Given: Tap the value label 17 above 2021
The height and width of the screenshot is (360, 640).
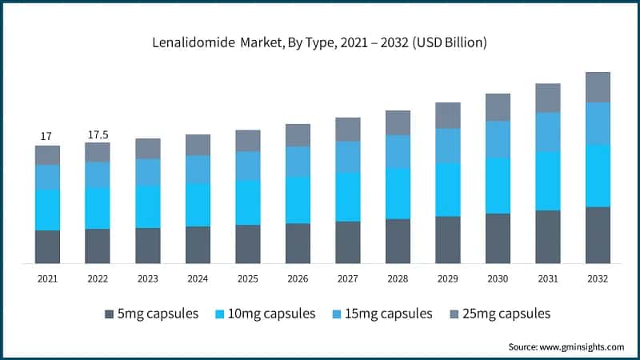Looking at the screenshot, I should click(47, 137).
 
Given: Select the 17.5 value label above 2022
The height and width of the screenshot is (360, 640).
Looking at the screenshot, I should click(98, 134).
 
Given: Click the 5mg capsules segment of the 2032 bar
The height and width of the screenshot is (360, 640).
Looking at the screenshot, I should click(598, 235).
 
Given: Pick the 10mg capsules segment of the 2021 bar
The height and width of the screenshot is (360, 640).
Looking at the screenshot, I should click(47, 210).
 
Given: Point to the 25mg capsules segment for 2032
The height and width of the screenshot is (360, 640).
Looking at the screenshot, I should click(598, 87).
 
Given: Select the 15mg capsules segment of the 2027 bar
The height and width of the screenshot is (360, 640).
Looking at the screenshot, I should click(348, 157).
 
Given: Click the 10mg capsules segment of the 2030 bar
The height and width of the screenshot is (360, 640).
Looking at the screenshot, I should click(498, 186).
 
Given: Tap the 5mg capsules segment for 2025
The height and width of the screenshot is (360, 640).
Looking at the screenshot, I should click(248, 244).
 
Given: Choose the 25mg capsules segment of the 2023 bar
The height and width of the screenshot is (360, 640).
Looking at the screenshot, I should click(148, 149).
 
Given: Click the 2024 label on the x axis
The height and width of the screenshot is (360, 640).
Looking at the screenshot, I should click(198, 278).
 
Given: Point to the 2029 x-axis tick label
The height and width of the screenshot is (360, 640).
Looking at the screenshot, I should click(448, 278).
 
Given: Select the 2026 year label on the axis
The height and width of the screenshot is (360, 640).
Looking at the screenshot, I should click(298, 278).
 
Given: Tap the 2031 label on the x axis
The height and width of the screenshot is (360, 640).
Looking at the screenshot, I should click(548, 278).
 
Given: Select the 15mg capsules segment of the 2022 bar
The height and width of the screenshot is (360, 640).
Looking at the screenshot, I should click(98, 174).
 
